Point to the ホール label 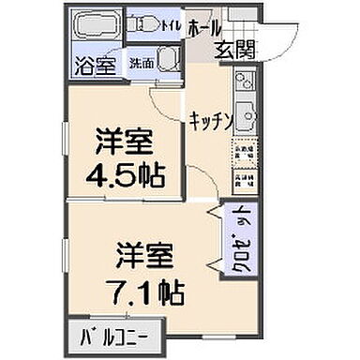pos(204,28)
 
